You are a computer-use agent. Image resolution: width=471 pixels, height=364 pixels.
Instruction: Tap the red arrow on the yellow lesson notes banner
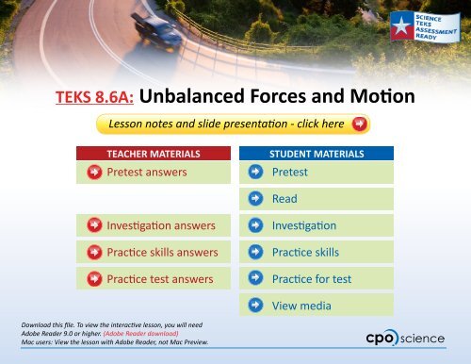tap(359, 124)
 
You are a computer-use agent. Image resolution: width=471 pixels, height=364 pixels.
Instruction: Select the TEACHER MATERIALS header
tap(153, 153)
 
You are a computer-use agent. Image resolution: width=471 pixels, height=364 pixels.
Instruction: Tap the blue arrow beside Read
tap(255, 199)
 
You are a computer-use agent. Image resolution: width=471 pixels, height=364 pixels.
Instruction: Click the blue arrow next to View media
tap(255, 306)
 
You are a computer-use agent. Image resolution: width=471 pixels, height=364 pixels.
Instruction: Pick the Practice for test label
tap(311, 279)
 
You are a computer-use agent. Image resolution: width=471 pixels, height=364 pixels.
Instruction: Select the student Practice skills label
tap(305, 253)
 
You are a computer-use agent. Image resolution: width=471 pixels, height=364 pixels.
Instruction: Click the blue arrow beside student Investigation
tap(255, 226)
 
